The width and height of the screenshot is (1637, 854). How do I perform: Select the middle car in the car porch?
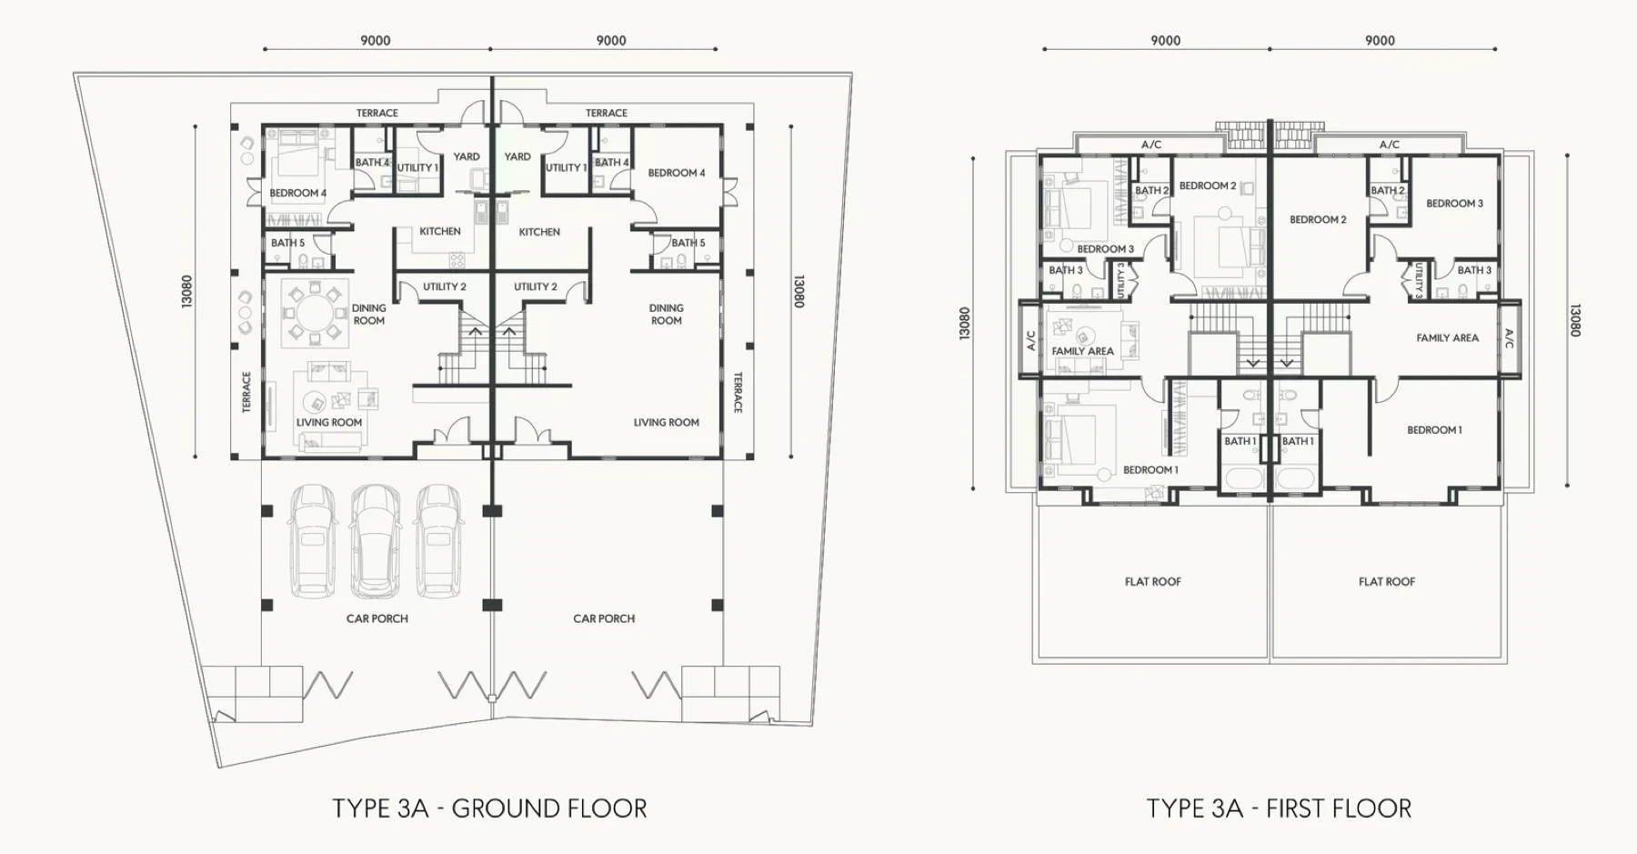pyautogui.click(x=376, y=539)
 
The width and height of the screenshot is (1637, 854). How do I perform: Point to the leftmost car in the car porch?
pyautogui.click(x=312, y=541)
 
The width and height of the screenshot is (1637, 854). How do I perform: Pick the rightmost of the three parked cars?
pyautogui.click(x=440, y=541)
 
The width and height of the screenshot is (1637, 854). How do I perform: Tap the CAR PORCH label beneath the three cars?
pyautogui.click(x=377, y=618)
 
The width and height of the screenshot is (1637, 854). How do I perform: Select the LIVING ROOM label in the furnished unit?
pyautogui.click(x=329, y=422)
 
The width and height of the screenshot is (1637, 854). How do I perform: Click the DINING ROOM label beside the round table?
pyautogui.click(x=369, y=315)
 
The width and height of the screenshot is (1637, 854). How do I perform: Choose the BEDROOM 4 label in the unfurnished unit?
pyautogui.click(x=677, y=173)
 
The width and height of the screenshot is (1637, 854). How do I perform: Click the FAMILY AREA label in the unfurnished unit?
pyautogui.click(x=1448, y=337)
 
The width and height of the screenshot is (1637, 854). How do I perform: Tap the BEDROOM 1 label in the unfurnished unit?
pyautogui.click(x=1435, y=430)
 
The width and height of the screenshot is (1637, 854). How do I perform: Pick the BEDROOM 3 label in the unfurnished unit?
pyautogui.click(x=1455, y=204)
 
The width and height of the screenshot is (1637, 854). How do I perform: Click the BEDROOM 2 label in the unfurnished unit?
pyautogui.click(x=1318, y=220)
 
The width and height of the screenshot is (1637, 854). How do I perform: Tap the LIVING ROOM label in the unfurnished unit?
pyautogui.click(x=667, y=422)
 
